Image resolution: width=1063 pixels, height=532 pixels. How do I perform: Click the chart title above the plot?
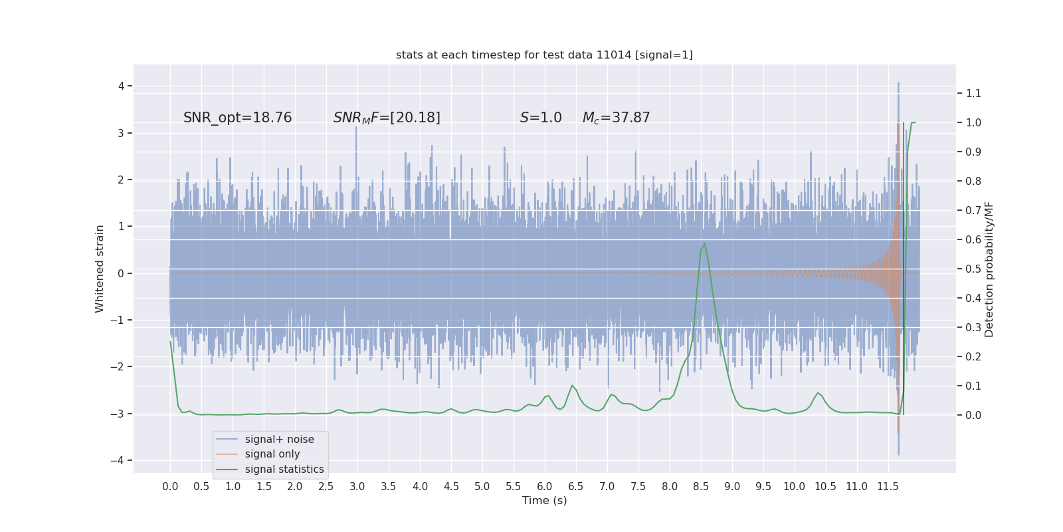pyautogui.click(x=544, y=55)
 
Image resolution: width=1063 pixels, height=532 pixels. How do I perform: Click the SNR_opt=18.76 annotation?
pyautogui.click(x=237, y=118)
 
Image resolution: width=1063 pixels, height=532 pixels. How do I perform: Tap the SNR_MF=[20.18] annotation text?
pyautogui.click(x=387, y=118)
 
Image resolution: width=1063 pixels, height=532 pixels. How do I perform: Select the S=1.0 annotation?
pyautogui.click(x=541, y=118)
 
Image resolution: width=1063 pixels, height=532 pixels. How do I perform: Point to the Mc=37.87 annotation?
pyautogui.click(x=616, y=118)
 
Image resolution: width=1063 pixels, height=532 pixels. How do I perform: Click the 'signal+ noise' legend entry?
pyautogui.click(x=279, y=440)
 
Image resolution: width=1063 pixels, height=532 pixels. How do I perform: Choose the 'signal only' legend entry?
pyautogui.click(x=272, y=454)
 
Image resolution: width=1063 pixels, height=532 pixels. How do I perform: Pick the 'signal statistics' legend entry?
pyautogui.click(x=284, y=469)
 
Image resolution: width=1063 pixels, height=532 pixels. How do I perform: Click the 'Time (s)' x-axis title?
pyautogui.click(x=544, y=501)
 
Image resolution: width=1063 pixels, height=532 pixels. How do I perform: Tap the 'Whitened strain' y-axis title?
pyautogui.click(x=100, y=269)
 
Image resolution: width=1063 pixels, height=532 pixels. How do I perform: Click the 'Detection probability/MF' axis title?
pyautogui.click(x=989, y=269)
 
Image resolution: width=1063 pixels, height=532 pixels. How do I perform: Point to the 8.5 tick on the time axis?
pyautogui.click(x=701, y=487)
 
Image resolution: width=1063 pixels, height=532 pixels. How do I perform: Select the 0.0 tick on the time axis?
pyautogui.click(x=170, y=487)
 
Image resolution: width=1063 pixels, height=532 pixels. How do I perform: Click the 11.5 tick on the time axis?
pyautogui.click(x=888, y=487)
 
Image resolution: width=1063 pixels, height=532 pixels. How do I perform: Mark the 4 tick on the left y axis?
pyautogui.click(x=122, y=86)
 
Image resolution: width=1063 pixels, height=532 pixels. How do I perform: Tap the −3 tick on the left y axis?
pyautogui.click(x=119, y=414)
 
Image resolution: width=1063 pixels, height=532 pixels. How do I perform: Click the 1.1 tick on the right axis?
pyautogui.click(x=973, y=93)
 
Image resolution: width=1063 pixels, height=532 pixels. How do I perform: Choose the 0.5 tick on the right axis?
pyautogui.click(x=973, y=269)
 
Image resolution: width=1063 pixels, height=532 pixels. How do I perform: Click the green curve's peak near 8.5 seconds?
pyautogui.click(x=704, y=244)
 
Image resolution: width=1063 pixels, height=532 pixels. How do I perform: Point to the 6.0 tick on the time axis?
pyautogui.click(x=545, y=487)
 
